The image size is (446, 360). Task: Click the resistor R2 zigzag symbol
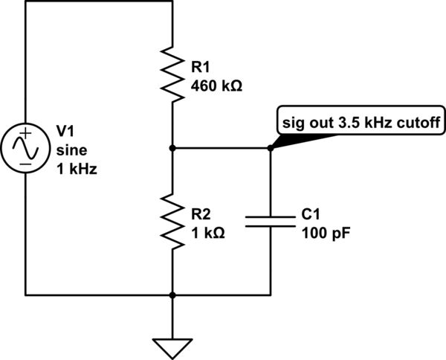pos(172,222)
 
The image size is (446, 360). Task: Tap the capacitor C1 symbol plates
pos(270,222)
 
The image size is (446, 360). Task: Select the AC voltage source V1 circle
pos(25,148)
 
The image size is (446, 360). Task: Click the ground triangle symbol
pos(172,345)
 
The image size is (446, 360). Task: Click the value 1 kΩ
pos(208,231)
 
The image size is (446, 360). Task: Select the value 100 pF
pos(326,231)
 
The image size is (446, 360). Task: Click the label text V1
pos(65,132)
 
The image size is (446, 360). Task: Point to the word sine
pos(69,150)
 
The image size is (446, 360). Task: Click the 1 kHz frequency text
pos(77,168)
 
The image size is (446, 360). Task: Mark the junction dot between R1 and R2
pos(172,148)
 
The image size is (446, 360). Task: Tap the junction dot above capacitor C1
pos(270,148)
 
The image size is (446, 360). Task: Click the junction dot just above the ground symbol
pos(172,295)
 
